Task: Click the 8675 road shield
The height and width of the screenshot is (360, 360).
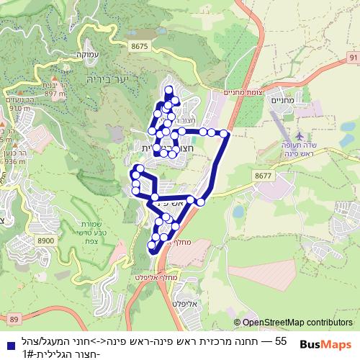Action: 141,45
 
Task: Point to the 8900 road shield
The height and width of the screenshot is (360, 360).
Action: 45,240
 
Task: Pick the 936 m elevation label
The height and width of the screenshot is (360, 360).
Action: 14,163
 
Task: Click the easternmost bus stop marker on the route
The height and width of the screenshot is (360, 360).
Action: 224,133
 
